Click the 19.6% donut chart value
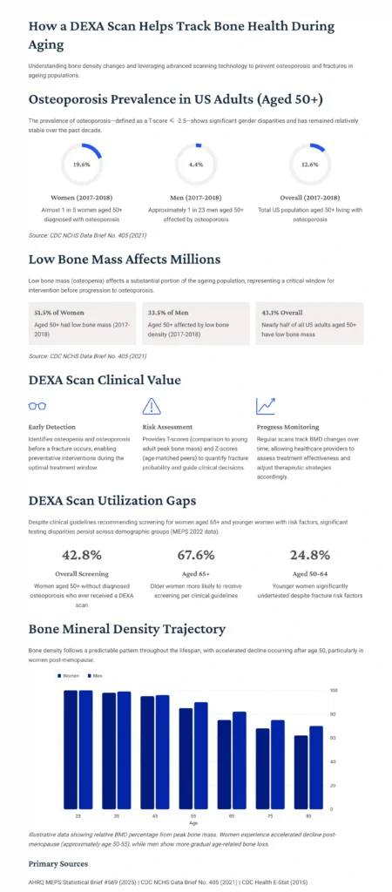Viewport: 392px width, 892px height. coord(81,164)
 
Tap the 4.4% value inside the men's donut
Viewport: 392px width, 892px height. coord(196,164)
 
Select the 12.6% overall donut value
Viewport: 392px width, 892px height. coord(310,164)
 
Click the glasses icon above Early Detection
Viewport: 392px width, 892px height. coord(37,406)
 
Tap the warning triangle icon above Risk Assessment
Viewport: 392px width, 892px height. coord(152,406)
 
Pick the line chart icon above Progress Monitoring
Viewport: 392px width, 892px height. coord(266,406)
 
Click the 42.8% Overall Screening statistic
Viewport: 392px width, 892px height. coord(82,555)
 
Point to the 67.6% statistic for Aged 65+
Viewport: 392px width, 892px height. coord(196,555)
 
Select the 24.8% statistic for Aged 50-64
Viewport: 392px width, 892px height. coord(310,555)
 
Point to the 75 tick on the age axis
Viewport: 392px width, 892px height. coord(270,815)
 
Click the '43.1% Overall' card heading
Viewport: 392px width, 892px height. coord(282,312)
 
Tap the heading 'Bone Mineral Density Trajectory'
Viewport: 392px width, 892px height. coord(126,628)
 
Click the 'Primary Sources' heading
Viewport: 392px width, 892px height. coord(58,863)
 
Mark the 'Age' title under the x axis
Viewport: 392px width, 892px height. coord(193,822)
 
